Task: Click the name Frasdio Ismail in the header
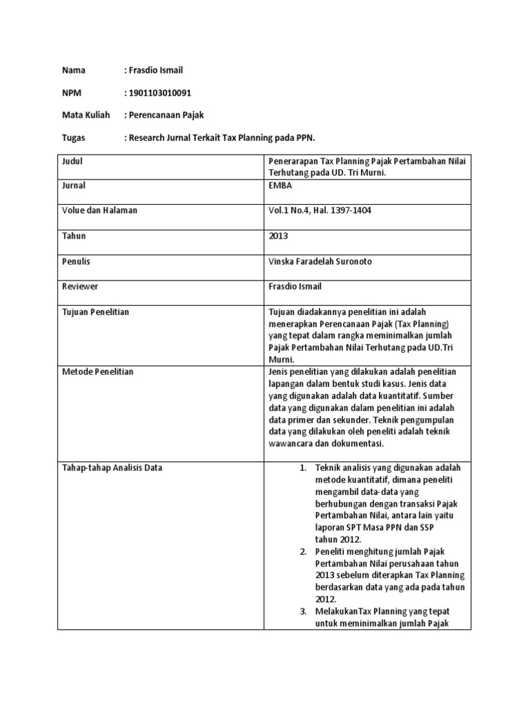coord(156,70)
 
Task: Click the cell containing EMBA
coord(282,186)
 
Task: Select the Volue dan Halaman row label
coord(100,210)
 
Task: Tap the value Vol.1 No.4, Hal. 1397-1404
coord(320,210)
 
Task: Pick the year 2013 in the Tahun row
coord(278,236)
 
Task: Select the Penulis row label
coord(76,261)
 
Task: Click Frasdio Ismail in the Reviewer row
coord(296,286)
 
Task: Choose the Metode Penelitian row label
coord(98,371)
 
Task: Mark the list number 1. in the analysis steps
coord(304,468)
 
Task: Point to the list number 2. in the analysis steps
coord(304,551)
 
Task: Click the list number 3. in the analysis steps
coord(304,610)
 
